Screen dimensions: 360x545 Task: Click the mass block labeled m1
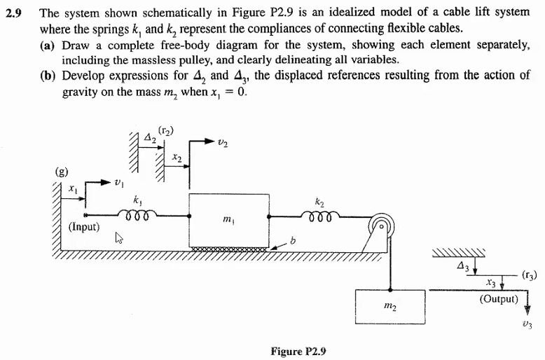pyautogui.click(x=228, y=219)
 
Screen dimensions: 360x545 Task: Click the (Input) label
pyautogui.click(x=85, y=227)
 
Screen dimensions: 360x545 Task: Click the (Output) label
pyautogui.click(x=499, y=299)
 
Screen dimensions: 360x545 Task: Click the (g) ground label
pyautogui.click(x=62, y=170)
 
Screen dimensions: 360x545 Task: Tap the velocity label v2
pyautogui.click(x=223, y=144)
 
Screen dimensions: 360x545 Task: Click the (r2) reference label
pyautogui.click(x=166, y=129)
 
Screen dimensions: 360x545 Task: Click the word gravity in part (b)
pyautogui.click(x=81, y=93)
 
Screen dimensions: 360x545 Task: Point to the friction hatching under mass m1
pyautogui.click(x=228, y=248)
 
